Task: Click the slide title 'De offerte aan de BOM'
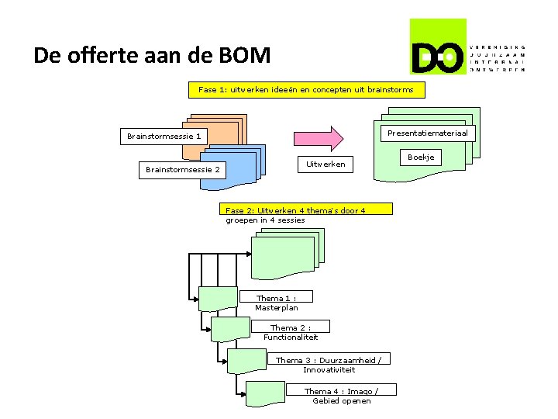pos(152,56)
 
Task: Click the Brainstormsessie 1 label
pos(164,137)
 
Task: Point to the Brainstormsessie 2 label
pos(183,170)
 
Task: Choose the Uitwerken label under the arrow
pos(325,164)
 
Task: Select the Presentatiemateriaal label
pos(427,133)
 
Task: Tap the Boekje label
pos(421,158)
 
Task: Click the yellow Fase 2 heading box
pos(307,209)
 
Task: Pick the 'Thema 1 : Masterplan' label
pos(277,303)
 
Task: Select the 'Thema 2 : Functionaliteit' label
pos(291,332)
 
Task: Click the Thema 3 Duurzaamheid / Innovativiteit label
pos(329,364)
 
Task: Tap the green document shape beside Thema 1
pos(219,300)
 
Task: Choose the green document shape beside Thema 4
pos(263,393)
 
